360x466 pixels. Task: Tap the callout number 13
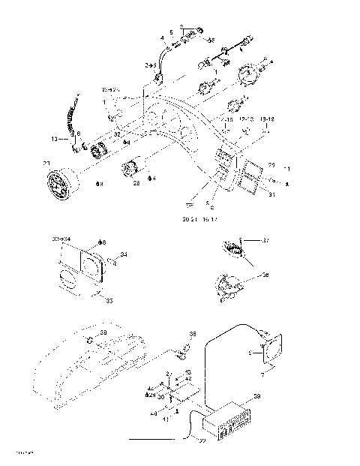54,139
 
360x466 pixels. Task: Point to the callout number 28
136,182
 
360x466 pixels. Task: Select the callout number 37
265,240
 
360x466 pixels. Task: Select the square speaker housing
268,349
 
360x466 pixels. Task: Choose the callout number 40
154,411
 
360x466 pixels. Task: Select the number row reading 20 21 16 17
199,220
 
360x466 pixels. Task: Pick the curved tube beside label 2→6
160,58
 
